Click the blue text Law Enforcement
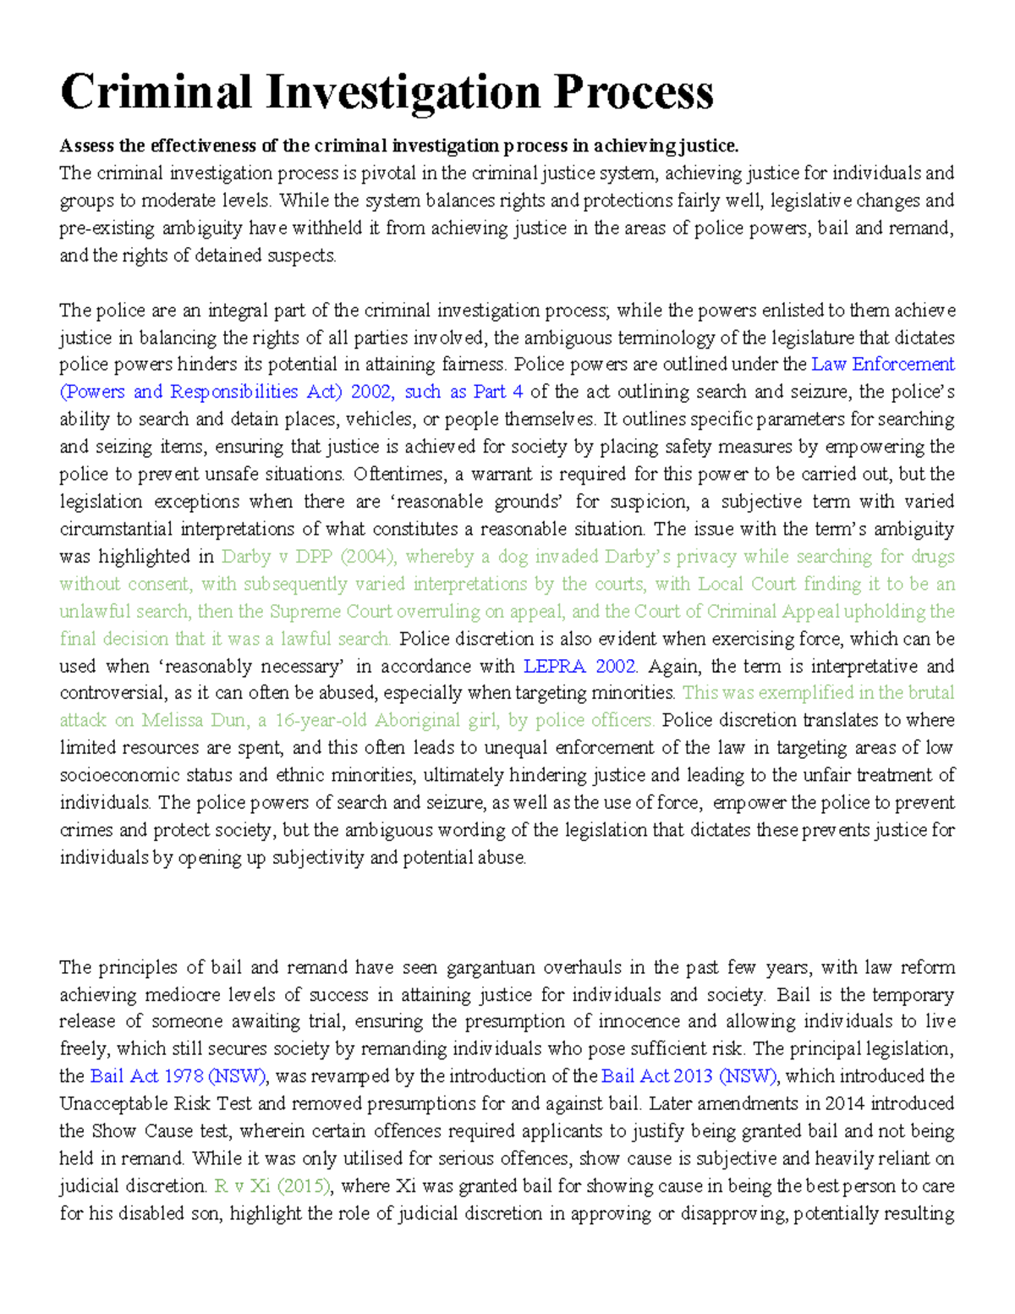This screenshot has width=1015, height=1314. point(882,365)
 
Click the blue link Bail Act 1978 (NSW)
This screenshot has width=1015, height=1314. point(178,1077)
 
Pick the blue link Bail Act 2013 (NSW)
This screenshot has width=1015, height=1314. point(689,1077)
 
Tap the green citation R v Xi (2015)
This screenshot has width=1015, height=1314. point(272,1186)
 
